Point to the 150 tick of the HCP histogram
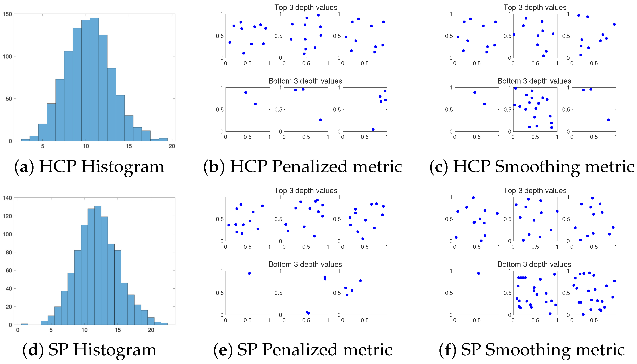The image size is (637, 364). tap(7, 14)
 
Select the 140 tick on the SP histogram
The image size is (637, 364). tap(7, 198)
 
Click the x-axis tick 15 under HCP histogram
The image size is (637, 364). tap(129, 146)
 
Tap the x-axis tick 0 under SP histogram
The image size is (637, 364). tap(18, 330)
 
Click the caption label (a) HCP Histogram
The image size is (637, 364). tap(89, 167)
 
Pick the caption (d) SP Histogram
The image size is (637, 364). tap(89, 350)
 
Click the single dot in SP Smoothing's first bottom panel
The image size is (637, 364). tap(478, 273)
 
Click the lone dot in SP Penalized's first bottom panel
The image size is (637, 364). tap(249, 273)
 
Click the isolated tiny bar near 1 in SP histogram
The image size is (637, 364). tap(24, 324)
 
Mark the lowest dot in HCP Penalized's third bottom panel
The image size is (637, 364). tap(373, 130)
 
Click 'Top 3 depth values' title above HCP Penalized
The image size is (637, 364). tap(306, 7)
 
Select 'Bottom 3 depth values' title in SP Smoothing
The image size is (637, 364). tap(534, 264)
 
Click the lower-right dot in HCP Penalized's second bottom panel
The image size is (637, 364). tap(320, 120)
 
